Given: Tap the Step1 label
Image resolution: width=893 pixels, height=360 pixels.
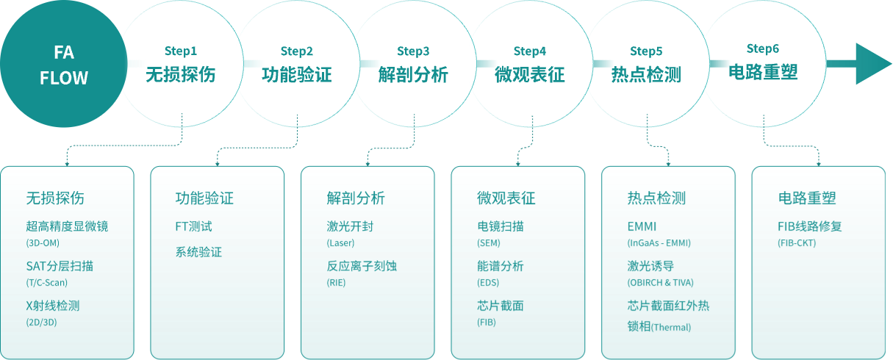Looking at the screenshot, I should pyautogui.click(x=181, y=51).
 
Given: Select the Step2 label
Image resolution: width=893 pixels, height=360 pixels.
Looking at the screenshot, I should pyautogui.click(x=297, y=51).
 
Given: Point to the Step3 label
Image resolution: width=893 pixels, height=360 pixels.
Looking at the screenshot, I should pyautogui.click(x=413, y=51).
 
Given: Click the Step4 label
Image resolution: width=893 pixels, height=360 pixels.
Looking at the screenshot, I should pyautogui.click(x=530, y=51).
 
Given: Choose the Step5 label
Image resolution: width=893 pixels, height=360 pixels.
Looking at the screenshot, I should pyautogui.click(x=646, y=51).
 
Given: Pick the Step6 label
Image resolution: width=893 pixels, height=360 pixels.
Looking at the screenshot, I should pyautogui.click(x=763, y=48).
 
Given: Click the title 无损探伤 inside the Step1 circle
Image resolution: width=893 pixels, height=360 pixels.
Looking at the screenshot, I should pyautogui.click(x=181, y=74).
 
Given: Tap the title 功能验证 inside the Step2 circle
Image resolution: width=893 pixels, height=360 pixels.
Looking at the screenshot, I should pyautogui.click(x=297, y=74).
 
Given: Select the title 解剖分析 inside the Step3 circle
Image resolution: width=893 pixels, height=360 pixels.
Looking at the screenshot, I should pyautogui.click(x=413, y=74).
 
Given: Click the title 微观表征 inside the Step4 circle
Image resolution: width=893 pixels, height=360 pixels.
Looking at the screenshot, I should pyautogui.click(x=530, y=74).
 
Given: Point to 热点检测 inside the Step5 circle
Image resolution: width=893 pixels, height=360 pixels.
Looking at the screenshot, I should pyautogui.click(x=646, y=74).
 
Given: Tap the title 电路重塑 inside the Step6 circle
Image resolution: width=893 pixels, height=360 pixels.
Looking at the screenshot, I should pyautogui.click(x=763, y=72).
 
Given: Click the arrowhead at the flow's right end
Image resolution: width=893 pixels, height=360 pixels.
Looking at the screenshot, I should pyautogui.click(x=872, y=64).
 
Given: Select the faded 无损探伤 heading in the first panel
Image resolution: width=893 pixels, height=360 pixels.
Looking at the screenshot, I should pyautogui.click(x=55, y=198).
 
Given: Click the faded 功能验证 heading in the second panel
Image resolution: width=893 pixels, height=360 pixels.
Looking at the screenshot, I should pyautogui.click(x=204, y=198).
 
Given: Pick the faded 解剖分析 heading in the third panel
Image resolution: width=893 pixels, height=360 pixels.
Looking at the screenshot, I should pyautogui.click(x=356, y=198).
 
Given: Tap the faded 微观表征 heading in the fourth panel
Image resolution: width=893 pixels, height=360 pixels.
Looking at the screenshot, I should pyautogui.click(x=506, y=198).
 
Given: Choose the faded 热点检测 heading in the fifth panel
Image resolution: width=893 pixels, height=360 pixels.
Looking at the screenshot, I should pyautogui.click(x=656, y=198).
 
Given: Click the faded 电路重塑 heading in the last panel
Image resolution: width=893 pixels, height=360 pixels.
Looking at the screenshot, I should pyautogui.click(x=807, y=198).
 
